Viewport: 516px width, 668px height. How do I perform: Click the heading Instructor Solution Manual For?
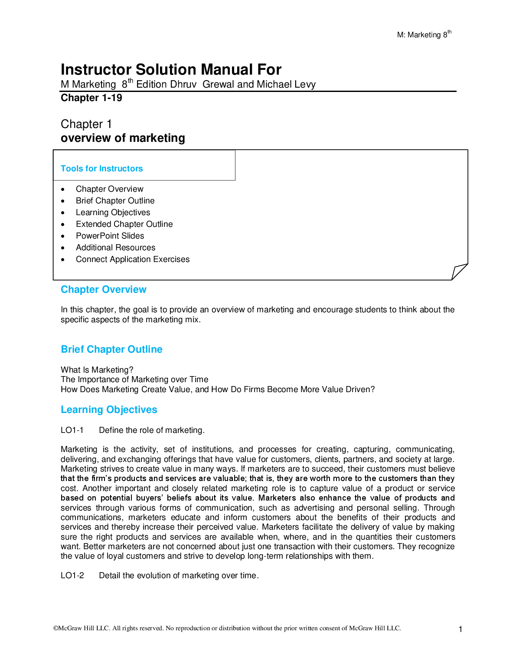(171, 69)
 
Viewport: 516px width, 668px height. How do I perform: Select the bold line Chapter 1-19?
(91, 98)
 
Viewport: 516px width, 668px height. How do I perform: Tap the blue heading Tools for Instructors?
(101, 169)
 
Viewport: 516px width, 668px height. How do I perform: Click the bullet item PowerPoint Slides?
(110, 236)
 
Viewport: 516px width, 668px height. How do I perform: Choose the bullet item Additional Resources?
(115, 248)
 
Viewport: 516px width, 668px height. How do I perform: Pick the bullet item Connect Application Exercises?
(132, 259)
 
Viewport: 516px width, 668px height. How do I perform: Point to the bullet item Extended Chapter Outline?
(124, 224)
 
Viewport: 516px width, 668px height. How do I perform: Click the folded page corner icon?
(459, 272)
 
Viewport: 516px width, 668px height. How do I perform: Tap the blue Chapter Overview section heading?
(103, 290)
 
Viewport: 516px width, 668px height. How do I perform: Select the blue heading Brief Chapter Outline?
(111, 350)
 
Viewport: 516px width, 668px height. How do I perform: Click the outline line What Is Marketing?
(97, 370)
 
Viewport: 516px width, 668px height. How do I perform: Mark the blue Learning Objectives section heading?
(109, 410)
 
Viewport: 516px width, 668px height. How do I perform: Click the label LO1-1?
(72, 430)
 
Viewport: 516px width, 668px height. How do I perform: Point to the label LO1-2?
(72, 576)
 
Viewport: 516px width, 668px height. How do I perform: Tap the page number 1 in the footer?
(460, 629)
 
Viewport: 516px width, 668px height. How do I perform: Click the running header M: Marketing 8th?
(424, 35)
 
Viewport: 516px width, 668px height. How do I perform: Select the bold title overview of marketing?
(123, 138)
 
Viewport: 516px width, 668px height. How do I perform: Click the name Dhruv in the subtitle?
(184, 85)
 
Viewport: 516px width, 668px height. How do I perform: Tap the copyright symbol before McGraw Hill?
(56, 628)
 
